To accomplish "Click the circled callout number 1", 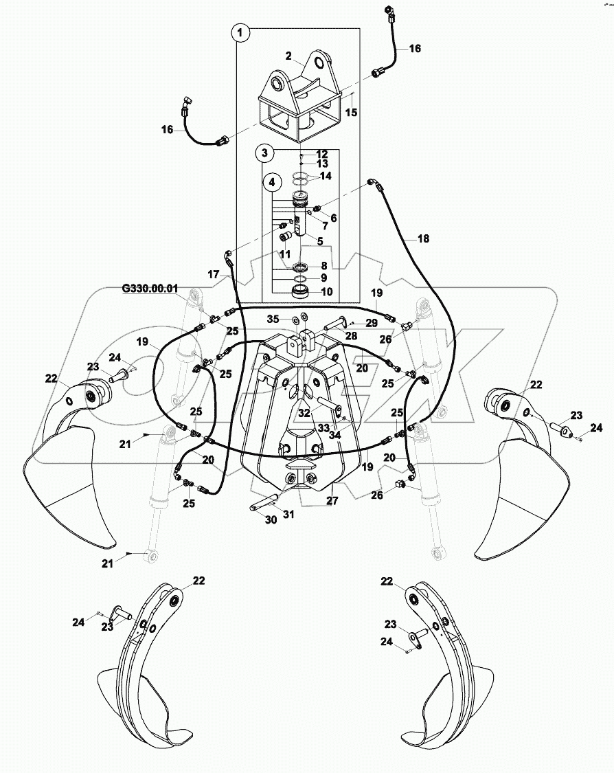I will coord(240,32).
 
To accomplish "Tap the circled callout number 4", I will coord(273,182).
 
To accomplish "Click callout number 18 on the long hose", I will coord(423,238).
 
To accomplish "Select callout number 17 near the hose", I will coord(214,274).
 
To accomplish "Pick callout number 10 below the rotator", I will coord(326,292).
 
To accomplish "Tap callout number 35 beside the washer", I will coord(273,320).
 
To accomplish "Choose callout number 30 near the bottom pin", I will coord(271,520).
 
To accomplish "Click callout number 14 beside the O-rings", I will coord(326,177).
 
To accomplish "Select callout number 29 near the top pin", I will coord(371,322).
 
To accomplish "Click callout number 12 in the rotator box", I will coord(321,154).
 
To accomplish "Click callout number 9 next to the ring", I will coord(326,279).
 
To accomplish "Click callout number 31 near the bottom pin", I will coord(289,514).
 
